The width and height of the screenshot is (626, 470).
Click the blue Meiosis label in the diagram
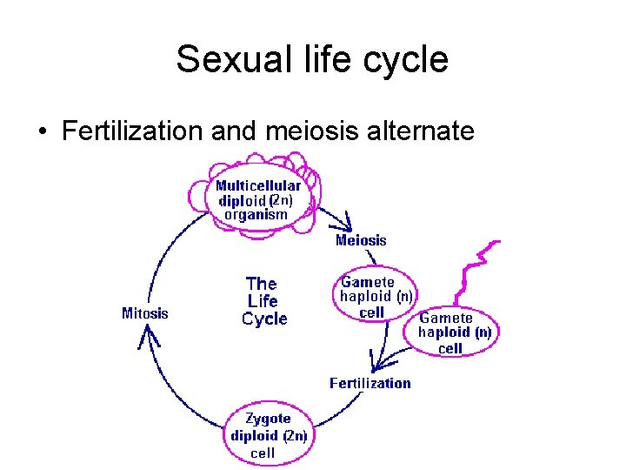361,240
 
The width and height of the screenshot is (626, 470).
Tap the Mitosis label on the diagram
145,313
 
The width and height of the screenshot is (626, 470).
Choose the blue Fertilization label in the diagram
370,383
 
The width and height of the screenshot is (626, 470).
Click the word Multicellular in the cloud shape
258,185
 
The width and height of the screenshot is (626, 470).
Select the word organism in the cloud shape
256,214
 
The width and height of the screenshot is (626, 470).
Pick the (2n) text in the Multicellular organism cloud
282,199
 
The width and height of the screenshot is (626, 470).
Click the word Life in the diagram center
263,301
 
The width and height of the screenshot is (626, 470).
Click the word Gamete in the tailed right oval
446,318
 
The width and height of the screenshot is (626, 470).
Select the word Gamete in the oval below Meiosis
367,282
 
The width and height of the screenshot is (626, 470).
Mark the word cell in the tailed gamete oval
450,348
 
